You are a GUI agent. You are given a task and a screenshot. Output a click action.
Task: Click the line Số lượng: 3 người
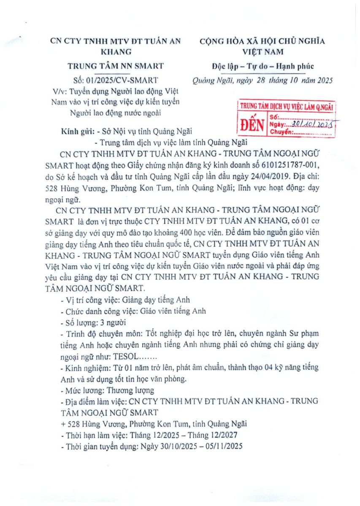(x=93, y=323)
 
